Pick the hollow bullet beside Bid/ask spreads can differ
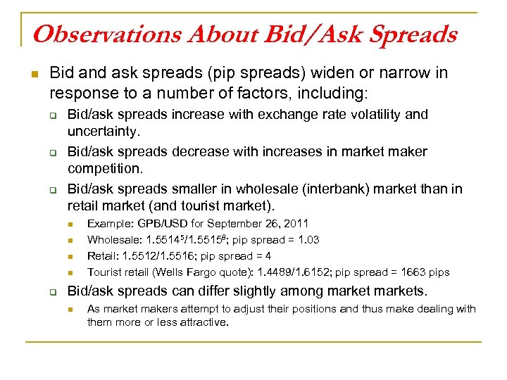pyautogui.click(x=51, y=291)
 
